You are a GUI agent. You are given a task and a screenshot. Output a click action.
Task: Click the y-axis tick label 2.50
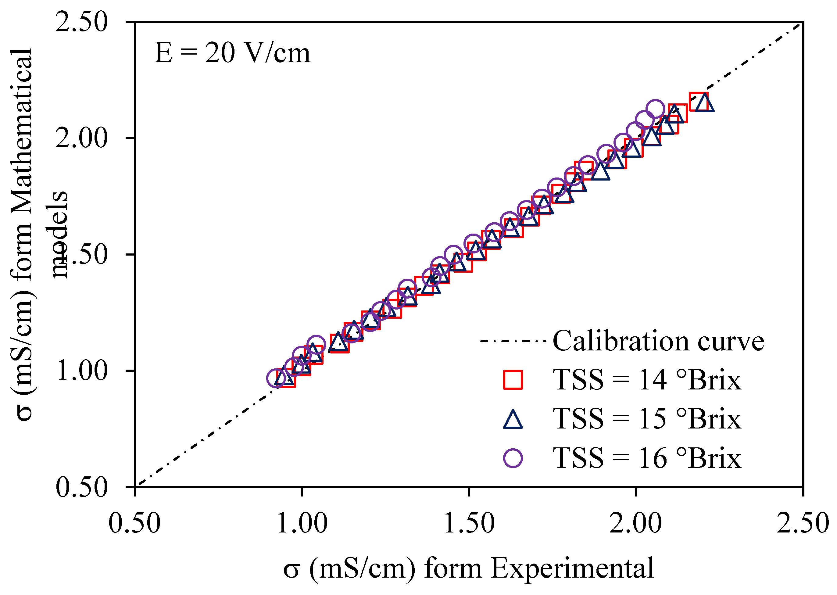point(81,22)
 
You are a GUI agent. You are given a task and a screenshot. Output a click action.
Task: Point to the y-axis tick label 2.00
point(81,138)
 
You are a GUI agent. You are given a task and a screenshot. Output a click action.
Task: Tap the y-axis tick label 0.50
point(81,487)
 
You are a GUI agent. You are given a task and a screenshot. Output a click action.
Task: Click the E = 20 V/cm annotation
point(232,53)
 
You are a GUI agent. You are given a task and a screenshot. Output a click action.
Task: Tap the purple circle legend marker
point(513,458)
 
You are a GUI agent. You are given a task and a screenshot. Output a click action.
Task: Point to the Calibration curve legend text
point(658,341)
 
